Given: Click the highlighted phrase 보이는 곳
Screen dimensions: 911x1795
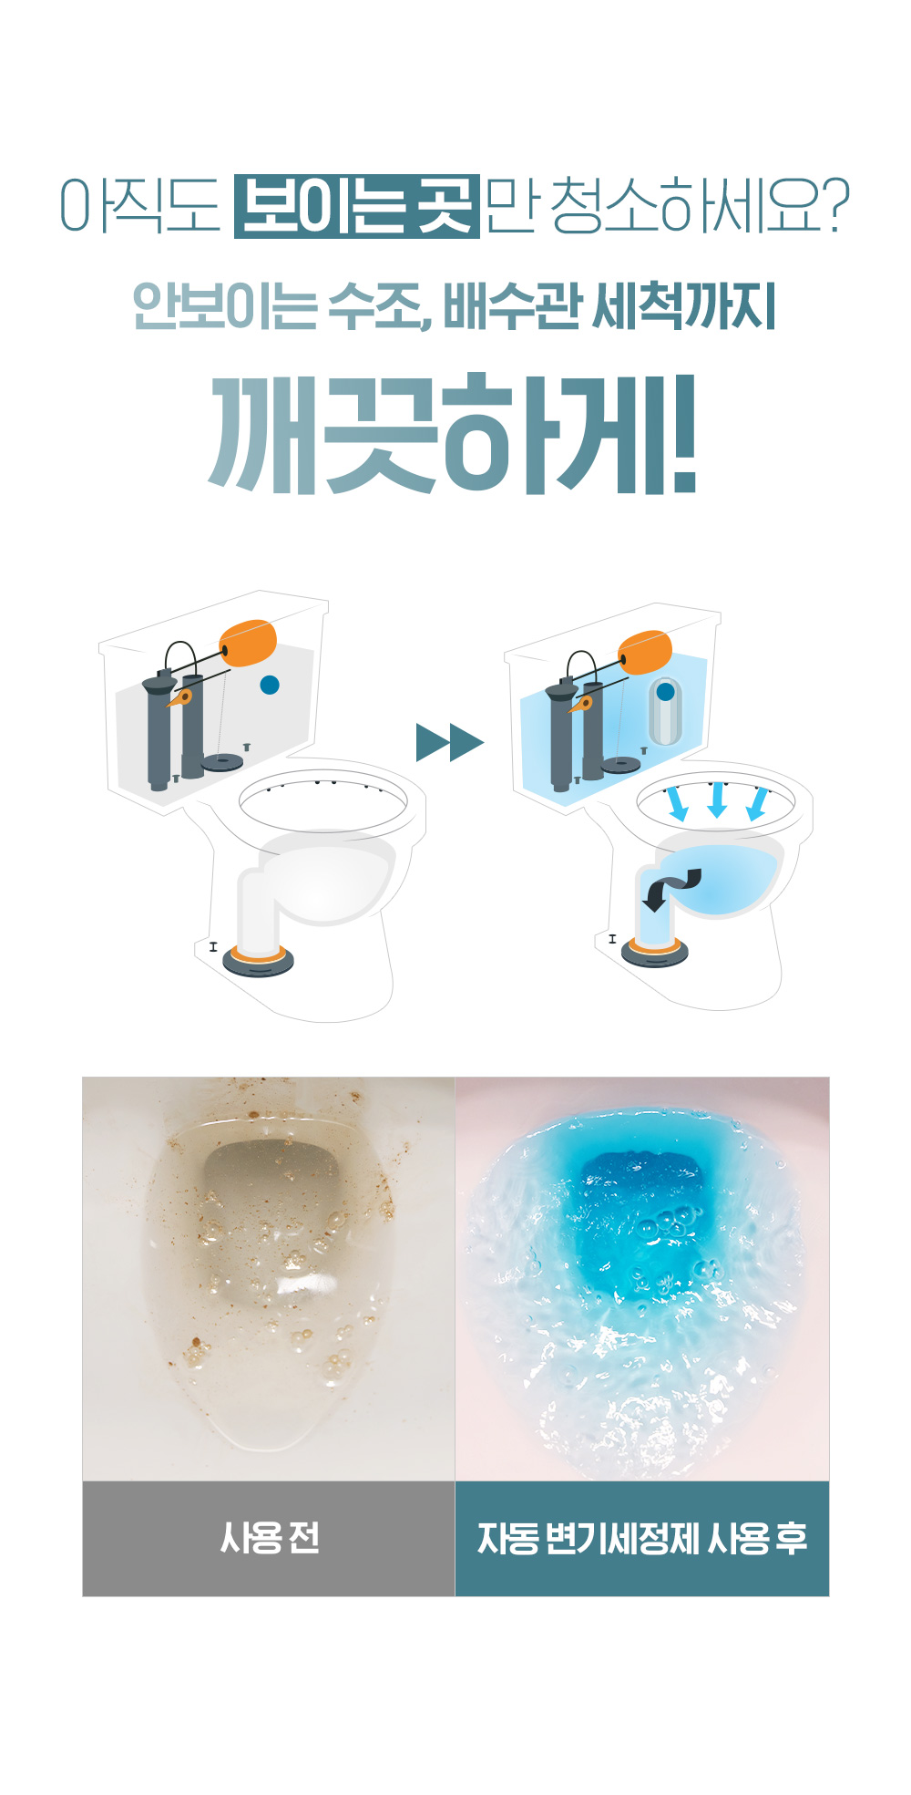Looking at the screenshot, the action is tap(356, 206).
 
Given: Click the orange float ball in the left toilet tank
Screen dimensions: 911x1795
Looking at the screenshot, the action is tap(249, 644).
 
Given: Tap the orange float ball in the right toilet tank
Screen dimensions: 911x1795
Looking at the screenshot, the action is tap(646, 653).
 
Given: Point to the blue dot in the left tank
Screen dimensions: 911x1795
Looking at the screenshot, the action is tap(270, 685).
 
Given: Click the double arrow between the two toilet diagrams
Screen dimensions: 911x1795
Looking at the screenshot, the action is tap(449, 742).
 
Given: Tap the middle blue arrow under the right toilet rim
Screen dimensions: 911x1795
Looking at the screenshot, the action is tap(717, 799).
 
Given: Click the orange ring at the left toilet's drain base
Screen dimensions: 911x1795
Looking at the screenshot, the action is tap(259, 954).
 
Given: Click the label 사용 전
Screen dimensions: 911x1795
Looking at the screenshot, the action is tap(270, 1539).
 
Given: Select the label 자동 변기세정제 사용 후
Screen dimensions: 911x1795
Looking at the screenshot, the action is tap(641, 1539).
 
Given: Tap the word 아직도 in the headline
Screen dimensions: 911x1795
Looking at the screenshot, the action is tap(139, 205).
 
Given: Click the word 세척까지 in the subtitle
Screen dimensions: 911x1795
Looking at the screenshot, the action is tap(684, 306).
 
